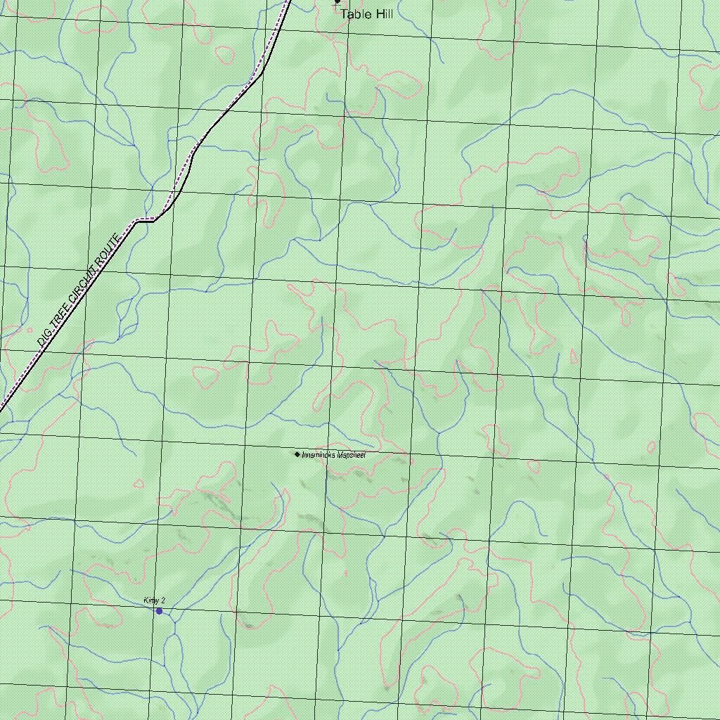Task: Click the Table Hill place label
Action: tap(366, 14)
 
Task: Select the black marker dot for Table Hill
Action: tap(337, 1)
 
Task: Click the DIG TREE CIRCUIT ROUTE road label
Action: tap(80, 290)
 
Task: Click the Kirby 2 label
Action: tap(154, 600)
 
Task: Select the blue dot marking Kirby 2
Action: tap(159, 611)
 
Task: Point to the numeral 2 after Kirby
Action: tap(163, 600)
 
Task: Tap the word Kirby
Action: tap(151, 600)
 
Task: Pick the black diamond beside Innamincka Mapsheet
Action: tap(297, 454)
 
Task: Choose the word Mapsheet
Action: tap(351, 455)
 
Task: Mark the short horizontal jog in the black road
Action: tap(144, 220)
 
